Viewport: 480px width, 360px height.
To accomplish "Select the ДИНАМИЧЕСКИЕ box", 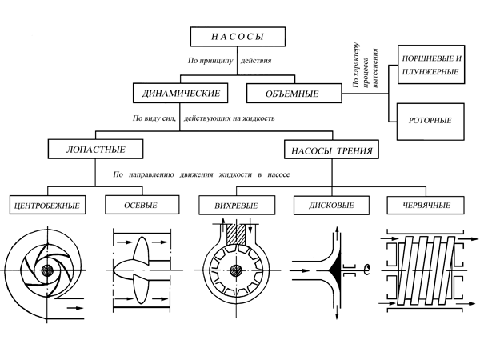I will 176,94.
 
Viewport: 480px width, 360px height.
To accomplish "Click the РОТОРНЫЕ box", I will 430,121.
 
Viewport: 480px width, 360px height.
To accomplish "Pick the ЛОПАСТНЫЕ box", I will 97,149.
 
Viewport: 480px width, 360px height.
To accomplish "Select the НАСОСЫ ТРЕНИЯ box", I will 330,150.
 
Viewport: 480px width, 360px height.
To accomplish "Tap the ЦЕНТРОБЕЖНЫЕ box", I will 46,205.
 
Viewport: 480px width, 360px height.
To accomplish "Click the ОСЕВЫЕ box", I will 141,205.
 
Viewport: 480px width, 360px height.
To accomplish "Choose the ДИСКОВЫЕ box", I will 330,205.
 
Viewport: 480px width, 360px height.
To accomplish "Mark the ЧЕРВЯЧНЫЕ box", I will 424,205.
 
